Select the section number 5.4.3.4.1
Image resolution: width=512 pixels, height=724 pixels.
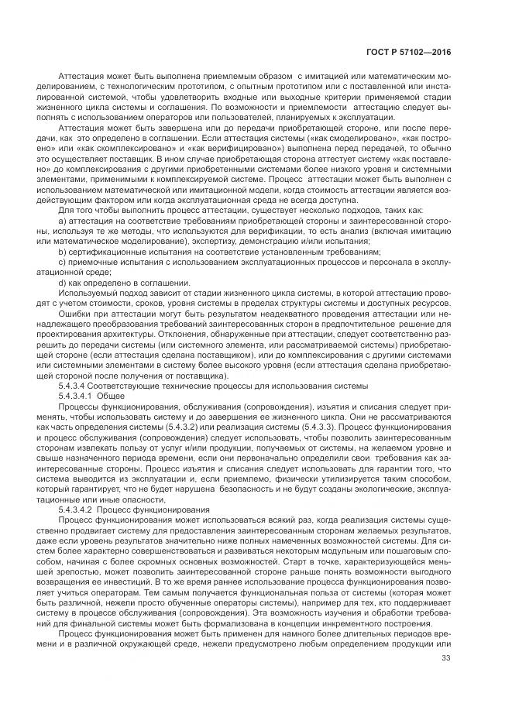pos(76,395)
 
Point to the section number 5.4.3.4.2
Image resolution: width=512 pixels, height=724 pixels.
pos(76,510)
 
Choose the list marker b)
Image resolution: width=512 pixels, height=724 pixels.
pos(62,251)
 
